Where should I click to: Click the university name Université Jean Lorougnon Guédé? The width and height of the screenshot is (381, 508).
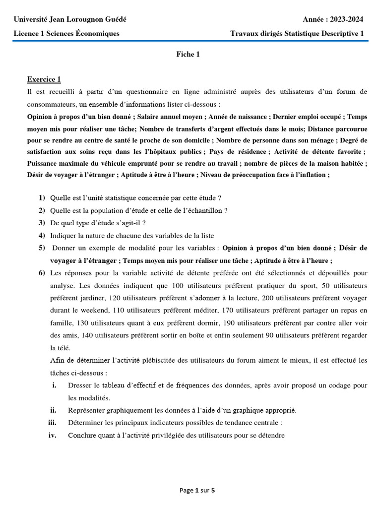tap(70, 19)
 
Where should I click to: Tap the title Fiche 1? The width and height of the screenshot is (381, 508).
tap(188, 55)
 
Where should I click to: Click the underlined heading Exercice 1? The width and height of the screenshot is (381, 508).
tap(44, 79)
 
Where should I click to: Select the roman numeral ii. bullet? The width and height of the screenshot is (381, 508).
tap(53, 410)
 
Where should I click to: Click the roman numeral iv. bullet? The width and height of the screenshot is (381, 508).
tap(53, 435)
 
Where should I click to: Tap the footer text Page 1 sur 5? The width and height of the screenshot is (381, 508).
tap(197, 491)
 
